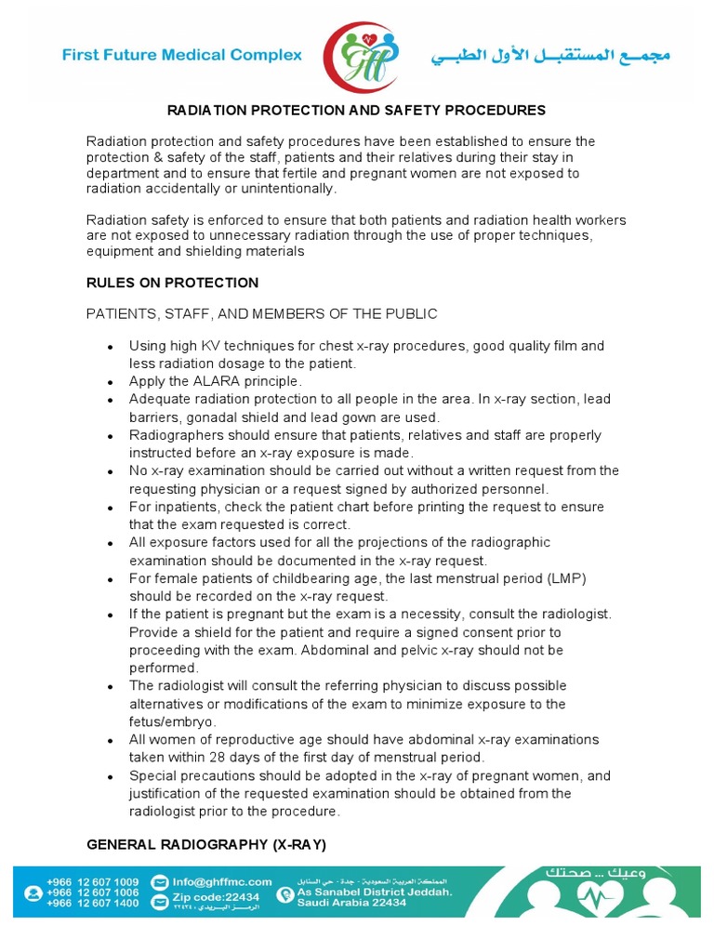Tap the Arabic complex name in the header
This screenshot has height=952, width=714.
tap(549, 56)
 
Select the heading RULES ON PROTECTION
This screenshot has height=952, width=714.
tap(172, 283)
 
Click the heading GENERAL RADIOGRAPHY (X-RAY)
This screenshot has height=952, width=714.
tap(206, 844)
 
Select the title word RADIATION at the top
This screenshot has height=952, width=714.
tap(207, 111)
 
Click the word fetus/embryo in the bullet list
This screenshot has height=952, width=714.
tap(171, 721)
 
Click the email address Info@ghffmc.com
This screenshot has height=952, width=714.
tap(221, 881)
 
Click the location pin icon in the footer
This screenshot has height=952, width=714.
tap(284, 895)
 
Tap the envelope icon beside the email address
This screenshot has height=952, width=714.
tap(159, 881)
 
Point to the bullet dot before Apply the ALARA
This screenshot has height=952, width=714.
tap(111, 382)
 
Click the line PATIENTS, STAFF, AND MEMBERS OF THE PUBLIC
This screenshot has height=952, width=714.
tap(261, 314)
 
